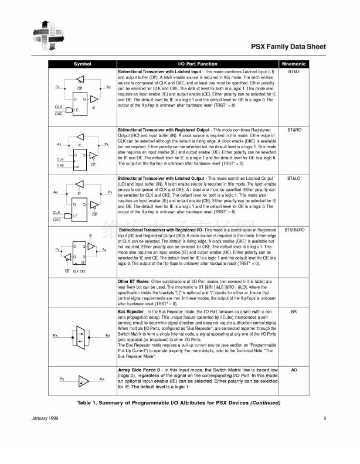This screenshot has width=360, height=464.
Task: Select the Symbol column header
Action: pyautogui.click(x=82, y=64)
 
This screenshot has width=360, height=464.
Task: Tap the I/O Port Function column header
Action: pyautogui.click(x=198, y=64)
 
